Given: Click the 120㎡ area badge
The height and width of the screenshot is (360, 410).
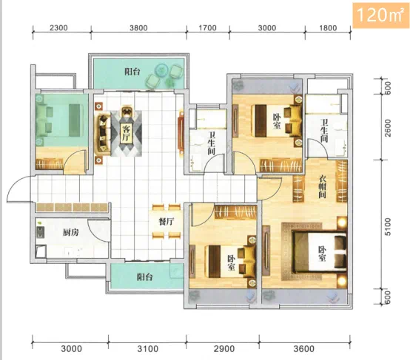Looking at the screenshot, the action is (x=380, y=15).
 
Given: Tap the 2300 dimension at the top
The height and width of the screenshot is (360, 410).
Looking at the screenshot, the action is (x=58, y=27).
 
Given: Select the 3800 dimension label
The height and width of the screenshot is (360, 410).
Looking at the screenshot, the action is (x=138, y=27).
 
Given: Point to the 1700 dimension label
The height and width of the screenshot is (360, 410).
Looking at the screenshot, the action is (x=208, y=27).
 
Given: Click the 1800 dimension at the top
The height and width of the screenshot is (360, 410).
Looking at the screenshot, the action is (x=328, y=27).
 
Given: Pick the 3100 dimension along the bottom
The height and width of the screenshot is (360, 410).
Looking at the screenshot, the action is (x=148, y=349).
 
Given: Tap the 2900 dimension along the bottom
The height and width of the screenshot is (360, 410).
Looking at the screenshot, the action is (x=224, y=349).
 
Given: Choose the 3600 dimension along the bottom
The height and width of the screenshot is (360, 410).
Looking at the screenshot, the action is (x=303, y=349).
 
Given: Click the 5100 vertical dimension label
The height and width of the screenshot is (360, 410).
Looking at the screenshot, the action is (x=388, y=227).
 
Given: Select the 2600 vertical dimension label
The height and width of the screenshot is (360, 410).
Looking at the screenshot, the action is (x=388, y=128).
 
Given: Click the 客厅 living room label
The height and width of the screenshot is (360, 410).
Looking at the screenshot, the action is (x=126, y=133).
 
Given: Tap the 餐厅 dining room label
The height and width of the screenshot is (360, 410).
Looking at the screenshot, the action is (x=167, y=222).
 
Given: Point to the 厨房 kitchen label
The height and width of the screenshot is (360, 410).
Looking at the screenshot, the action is (x=70, y=232).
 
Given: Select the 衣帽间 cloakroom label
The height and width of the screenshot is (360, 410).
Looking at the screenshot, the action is (x=323, y=186).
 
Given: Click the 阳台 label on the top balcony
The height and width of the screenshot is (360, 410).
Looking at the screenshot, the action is (x=132, y=72).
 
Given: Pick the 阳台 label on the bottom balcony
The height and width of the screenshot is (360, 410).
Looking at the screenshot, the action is (x=145, y=277).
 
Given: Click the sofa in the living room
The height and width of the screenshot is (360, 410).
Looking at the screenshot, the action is (x=104, y=134).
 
